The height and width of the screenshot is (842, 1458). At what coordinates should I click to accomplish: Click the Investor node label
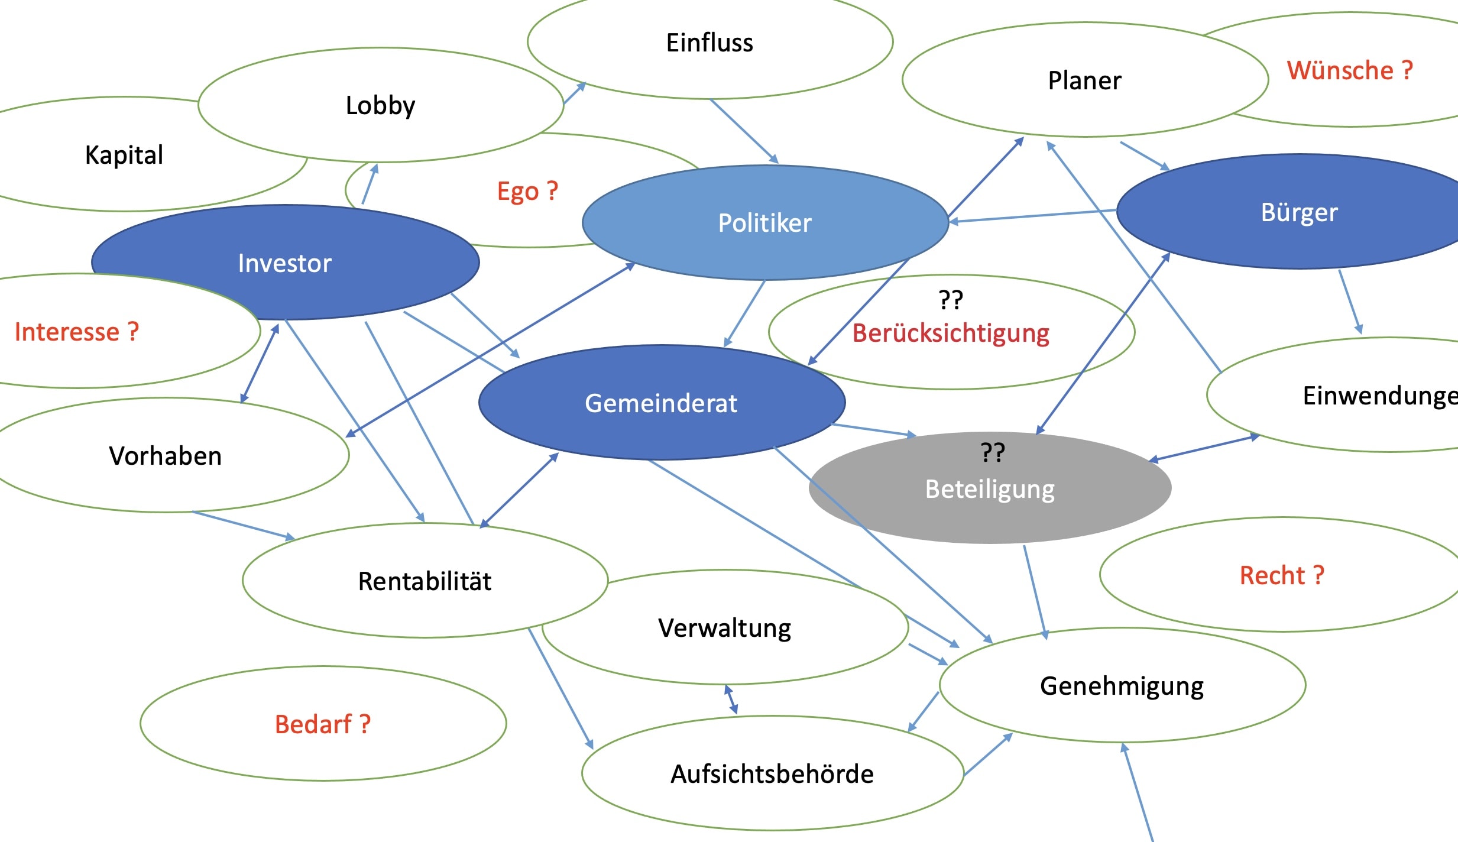coord(284,263)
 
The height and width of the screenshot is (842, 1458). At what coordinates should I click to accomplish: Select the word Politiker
coord(764,223)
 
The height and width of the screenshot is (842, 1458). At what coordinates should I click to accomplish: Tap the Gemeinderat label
coord(661,403)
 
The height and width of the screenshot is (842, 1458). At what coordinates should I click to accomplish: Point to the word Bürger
coord(1299,212)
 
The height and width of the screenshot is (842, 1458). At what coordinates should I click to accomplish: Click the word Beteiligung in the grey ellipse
coord(990,490)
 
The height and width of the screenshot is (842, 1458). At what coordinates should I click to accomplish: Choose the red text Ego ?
coord(527,192)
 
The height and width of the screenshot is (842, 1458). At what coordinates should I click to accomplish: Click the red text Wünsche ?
coord(1350,70)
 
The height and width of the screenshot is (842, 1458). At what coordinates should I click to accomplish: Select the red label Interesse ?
coord(77,332)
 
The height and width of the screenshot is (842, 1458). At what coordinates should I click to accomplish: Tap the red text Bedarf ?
coord(323,724)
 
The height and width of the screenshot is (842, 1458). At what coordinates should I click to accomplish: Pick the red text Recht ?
coord(1282,575)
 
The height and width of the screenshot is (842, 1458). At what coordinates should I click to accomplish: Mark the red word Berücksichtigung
coord(951,333)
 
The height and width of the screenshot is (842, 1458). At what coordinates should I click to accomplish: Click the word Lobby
coord(380,106)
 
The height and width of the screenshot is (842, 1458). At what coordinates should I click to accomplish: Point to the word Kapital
coord(124,155)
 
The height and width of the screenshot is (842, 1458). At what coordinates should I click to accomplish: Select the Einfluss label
coord(709,43)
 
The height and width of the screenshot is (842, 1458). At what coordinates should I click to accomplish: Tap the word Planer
coord(1084,80)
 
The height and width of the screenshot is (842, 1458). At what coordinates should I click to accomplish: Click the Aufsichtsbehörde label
coord(772,774)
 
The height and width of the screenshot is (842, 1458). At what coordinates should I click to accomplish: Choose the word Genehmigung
coord(1122,686)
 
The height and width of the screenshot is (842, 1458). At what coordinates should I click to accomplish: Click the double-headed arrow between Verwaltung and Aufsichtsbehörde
coord(731,699)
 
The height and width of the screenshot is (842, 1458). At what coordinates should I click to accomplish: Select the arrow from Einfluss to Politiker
coord(744,131)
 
